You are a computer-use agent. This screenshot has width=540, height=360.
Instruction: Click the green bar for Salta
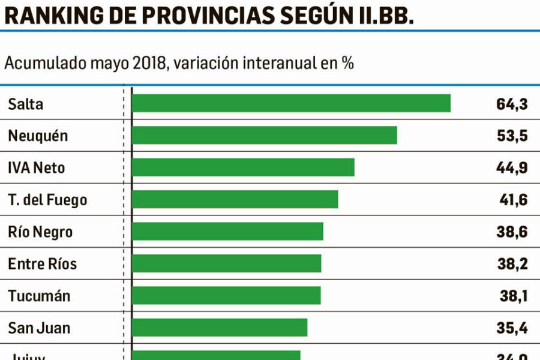(x=291, y=103)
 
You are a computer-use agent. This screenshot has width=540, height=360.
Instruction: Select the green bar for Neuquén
(x=264, y=135)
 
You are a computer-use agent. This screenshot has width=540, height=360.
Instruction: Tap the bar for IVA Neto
(x=243, y=167)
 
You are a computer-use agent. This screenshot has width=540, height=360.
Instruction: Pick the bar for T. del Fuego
(x=235, y=199)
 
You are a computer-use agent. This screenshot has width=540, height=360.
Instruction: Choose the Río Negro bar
(x=227, y=232)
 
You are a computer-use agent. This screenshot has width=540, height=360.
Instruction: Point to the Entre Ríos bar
(x=226, y=263)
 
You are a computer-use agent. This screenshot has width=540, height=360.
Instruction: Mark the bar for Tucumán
(x=226, y=296)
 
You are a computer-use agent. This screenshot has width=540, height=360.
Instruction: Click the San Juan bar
(x=220, y=328)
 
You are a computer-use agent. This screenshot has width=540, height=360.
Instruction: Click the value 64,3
(x=512, y=104)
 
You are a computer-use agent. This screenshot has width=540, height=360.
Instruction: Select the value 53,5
(x=512, y=136)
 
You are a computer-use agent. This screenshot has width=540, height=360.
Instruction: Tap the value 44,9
(x=512, y=167)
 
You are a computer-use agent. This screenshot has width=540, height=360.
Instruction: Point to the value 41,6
(x=513, y=200)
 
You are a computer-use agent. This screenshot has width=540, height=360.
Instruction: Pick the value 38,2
(x=513, y=264)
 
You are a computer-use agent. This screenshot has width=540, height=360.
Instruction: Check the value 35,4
(x=513, y=328)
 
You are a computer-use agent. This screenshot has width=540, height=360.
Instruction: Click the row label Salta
(x=26, y=104)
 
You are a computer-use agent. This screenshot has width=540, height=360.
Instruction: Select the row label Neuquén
(x=38, y=136)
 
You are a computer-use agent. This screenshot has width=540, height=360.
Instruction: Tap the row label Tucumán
(x=39, y=296)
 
